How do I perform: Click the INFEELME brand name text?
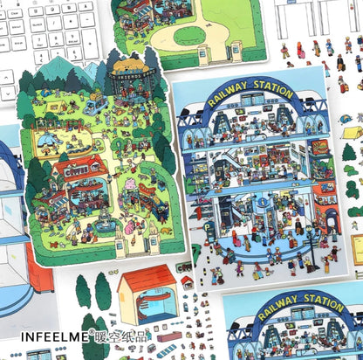pos(54,333)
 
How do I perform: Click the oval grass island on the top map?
pos(190,36)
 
